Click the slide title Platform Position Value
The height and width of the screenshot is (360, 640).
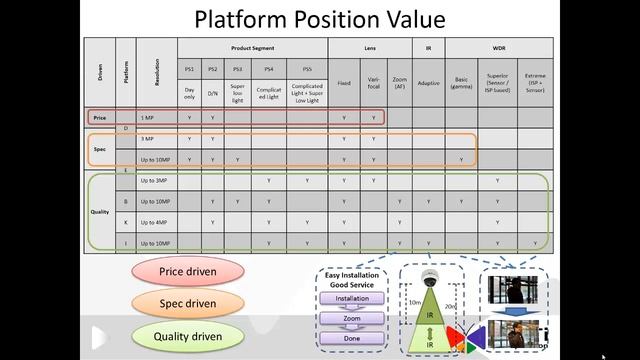coord(320,19)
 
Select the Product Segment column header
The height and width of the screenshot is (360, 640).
coord(252,47)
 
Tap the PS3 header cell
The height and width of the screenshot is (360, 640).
coord(237,69)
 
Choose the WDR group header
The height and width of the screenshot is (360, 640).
coord(497,47)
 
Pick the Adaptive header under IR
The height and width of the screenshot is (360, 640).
coord(428,83)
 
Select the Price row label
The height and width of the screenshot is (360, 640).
coord(100,117)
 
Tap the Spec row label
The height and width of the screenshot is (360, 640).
coord(100,148)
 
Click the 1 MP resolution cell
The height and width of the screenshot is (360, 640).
coord(147,117)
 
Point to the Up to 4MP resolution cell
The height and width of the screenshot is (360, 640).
coord(154,222)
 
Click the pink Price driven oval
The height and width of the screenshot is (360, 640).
coord(187,271)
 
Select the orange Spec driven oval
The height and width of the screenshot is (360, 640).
coord(187,302)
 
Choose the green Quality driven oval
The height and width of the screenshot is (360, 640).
coord(187,336)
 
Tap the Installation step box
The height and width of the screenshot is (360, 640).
coord(352,298)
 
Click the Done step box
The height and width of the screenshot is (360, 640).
coord(352,340)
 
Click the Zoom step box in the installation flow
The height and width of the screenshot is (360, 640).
coord(352,319)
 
